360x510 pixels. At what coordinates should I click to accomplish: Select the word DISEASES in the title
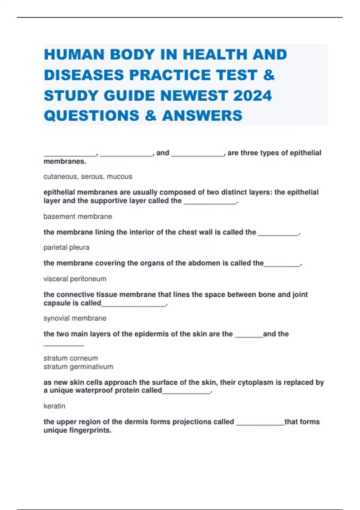[x=84, y=75]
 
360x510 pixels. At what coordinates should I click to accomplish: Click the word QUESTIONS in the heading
[x=91, y=116]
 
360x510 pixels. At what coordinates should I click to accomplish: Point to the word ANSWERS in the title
[x=202, y=116]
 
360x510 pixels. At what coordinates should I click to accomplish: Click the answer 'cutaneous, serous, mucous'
[x=88, y=177]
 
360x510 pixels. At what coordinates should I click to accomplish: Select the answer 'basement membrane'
[x=78, y=217]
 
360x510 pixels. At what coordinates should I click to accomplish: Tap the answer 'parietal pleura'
[x=66, y=247]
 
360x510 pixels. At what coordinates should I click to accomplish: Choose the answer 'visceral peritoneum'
[x=75, y=279]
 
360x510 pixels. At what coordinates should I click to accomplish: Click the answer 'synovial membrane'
[x=75, y=318]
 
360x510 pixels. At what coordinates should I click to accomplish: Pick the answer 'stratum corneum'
[x=70, y=358]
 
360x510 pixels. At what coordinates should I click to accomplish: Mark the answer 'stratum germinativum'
[x=78, y=367]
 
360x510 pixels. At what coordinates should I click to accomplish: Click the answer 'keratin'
[x=54, y=406]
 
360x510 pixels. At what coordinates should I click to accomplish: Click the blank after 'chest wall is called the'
[x=278, y=233]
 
